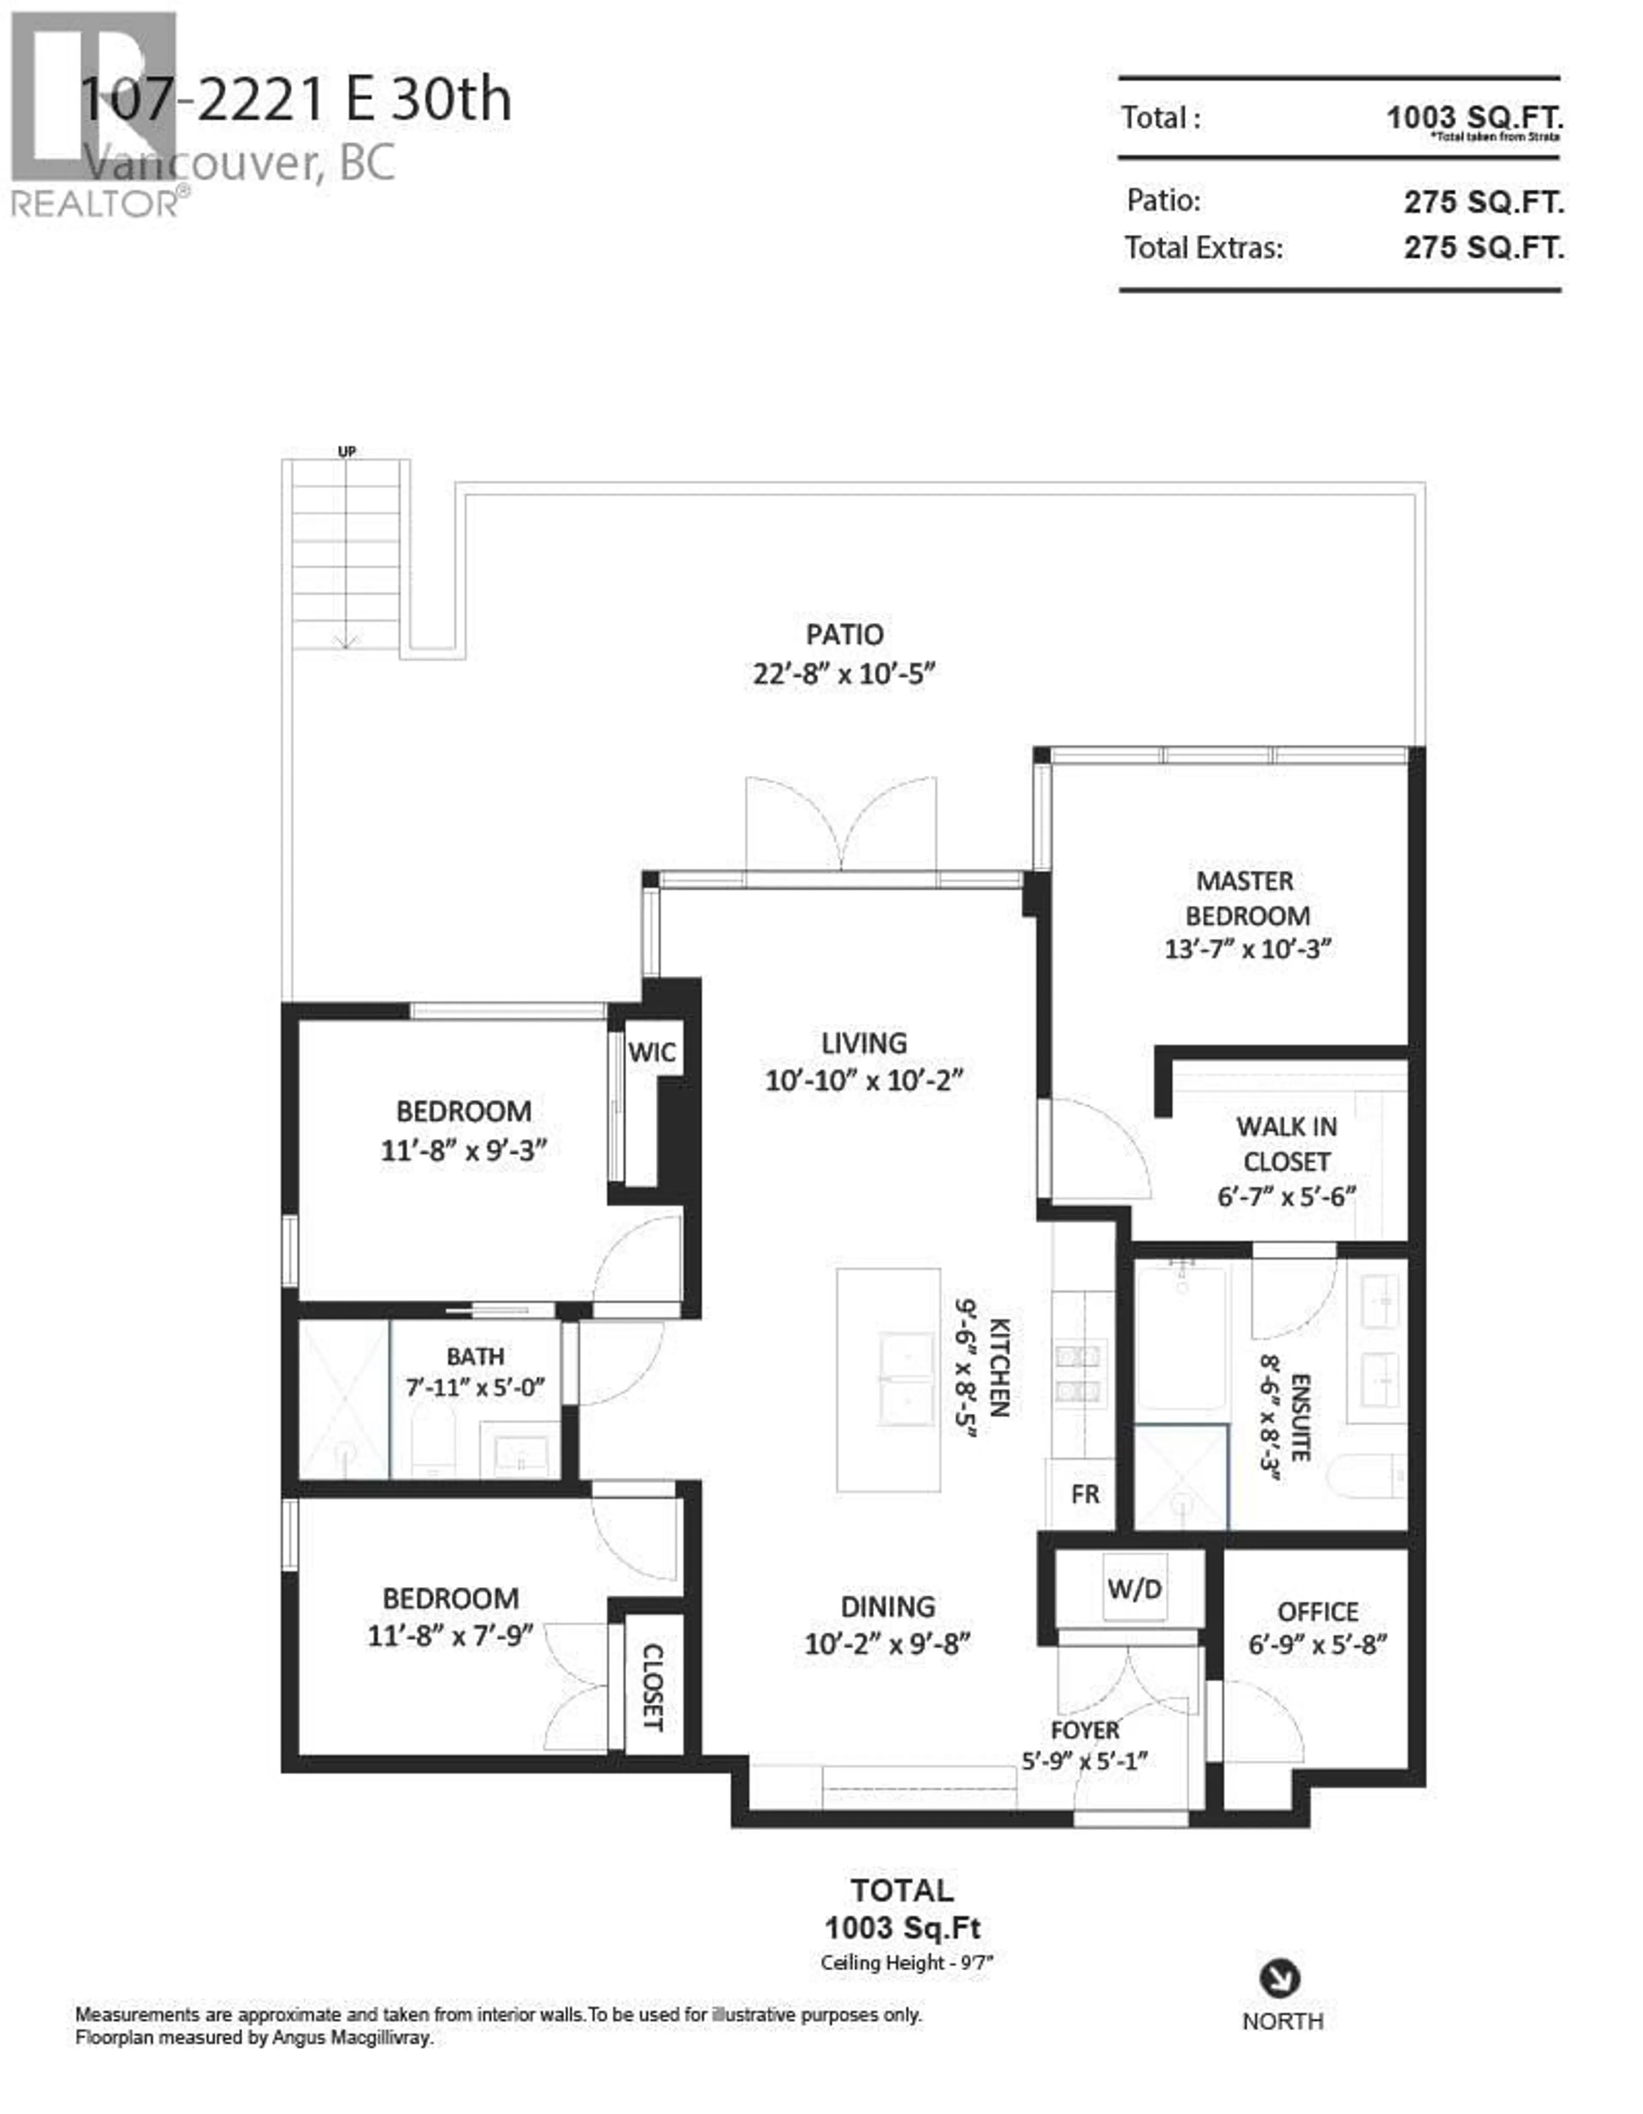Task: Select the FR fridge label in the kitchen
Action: tap(1085, 1494)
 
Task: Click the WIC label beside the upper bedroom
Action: tap(651, 1052)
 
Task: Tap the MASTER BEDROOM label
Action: tap(1246, 898)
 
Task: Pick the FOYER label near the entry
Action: tap(1085, 1730)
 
